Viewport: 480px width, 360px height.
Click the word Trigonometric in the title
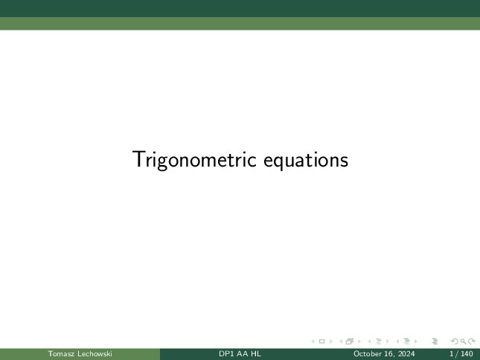(x=194, y=160)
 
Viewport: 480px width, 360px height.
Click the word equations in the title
(x=306, y=160)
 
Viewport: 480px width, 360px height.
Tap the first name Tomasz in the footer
(x=61, y=353)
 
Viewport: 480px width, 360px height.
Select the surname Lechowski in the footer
(x=95, y=353)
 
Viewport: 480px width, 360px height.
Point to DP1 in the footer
(x=225, y=353)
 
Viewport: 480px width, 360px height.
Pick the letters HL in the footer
(x=255, y=353)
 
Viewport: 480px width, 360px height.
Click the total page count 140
(x=467, y=353)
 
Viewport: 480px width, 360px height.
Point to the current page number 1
(x=452, y=353)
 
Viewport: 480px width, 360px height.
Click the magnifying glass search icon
(x=463, y=341)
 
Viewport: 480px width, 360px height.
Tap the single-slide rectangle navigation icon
(x=321, y=341)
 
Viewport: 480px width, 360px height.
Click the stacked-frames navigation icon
(x=350, y=341)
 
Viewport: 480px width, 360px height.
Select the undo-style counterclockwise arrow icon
(x=455, y=341)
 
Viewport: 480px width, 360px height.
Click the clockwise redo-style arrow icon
(x=472, y=341)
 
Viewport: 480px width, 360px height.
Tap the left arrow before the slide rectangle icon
(x=313, y=341)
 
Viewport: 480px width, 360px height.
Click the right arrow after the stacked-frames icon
(x=359, y=341)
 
